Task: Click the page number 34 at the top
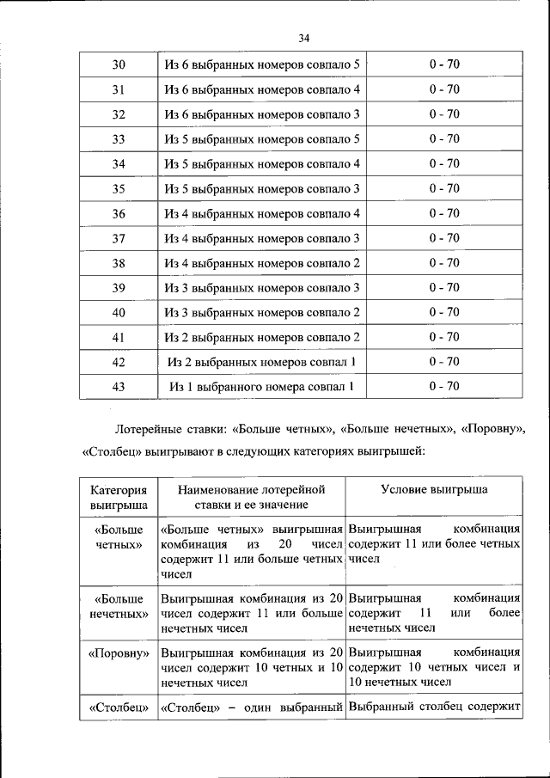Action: coord(303,38)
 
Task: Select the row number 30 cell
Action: coord(119,64)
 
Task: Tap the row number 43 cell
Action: coord(119,387)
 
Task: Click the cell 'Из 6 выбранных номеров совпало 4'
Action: coord(262,89)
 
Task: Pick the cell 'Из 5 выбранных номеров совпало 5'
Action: coord(262,139)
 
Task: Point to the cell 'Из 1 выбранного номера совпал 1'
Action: coord(262,387)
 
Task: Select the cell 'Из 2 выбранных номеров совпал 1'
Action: coord(262,362)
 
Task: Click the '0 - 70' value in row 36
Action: coord(444,213)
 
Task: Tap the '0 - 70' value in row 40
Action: coord(444,312)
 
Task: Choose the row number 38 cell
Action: coord(119,263)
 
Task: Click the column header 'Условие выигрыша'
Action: coord(434,489)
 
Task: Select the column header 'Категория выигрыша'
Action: coord(119,498)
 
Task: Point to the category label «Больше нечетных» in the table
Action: coord(119,606)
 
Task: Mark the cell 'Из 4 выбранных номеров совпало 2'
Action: coord(262,263)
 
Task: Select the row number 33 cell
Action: coord(119,139)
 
